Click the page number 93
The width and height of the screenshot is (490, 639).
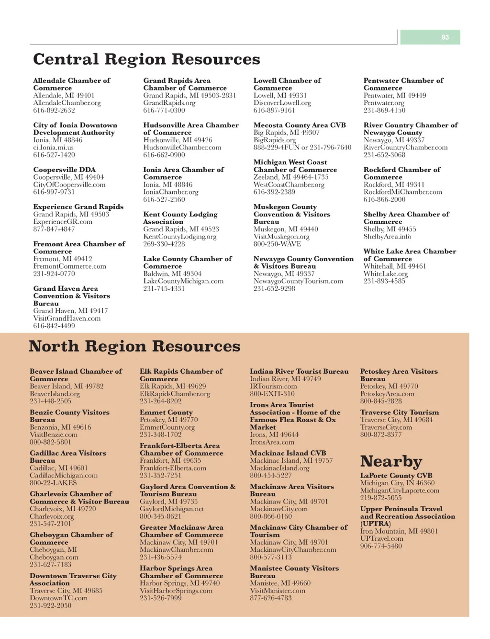click(x=445, y=37)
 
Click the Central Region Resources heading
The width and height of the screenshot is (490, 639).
click(x=146, y=59)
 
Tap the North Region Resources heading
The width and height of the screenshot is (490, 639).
click(x=134, y=346)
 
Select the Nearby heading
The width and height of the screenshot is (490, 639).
click(x=391, y=461)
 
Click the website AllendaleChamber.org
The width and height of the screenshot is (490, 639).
click(x=67, y=103)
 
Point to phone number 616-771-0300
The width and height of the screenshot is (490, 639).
click(x=164, y=110)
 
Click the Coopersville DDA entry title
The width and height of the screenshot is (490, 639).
click(x=65, y=170)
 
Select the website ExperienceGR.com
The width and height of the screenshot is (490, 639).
click(x=63, y=222)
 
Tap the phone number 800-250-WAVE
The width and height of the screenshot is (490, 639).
click(x=277, y=244)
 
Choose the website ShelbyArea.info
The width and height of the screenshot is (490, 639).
click(x=387, y=237)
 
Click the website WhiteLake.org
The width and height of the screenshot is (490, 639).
click(x=386, y=274)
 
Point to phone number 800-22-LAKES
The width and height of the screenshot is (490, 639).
click(x=53, y=483)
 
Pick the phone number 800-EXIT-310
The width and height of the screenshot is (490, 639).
click(x=272, y=394)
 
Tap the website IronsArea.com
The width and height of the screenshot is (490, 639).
click(x=272, y=442)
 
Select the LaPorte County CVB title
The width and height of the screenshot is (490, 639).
click(x=396, y=476)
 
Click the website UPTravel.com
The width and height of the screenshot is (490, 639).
click(x=382, y=538)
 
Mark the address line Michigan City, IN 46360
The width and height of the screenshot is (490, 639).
click(x=397, y=483)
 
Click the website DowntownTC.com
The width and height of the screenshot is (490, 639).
click(x=58, y=598)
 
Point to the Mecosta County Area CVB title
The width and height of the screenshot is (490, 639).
click(x=300, y=125)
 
